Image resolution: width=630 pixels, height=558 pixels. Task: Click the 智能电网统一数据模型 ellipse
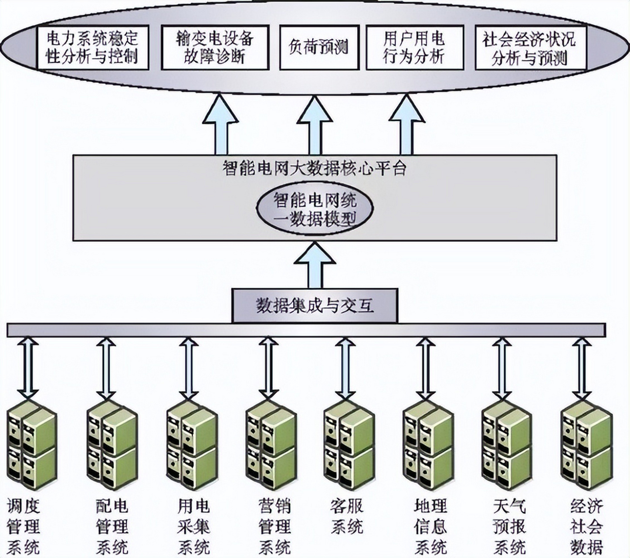pyautogui.click(x=314, y=210)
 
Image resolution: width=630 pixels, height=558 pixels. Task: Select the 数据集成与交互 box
pyautogui.click(x=315, y=306)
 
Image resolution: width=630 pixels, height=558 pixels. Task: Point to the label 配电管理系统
pyautogui.click(x=112, y=527)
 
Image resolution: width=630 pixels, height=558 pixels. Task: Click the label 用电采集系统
pyautogui.click(x=193, y=527)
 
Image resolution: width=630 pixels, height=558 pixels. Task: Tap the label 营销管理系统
pyautogui.click(x=274, y=527)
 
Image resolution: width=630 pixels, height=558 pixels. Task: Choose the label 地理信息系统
pyautogui.click(x=430, y=527)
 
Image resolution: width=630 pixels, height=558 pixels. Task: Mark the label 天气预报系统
pyautogui.click(x=509, y=527)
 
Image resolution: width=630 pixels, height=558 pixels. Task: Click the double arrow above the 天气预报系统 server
pyautogui.click(x=501, y=368)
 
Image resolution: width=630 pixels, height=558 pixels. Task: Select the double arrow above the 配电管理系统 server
pyautogui.click(x=106, y=368)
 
